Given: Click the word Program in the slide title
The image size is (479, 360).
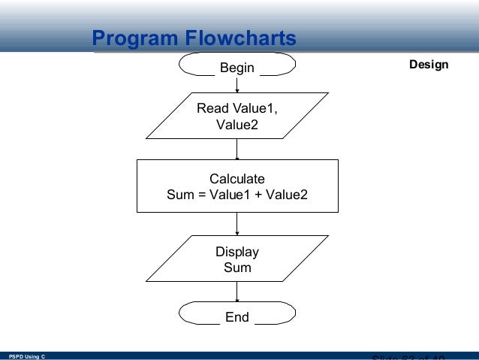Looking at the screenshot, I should [x=131, y=38].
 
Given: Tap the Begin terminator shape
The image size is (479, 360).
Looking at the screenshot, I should [x=236, y=68].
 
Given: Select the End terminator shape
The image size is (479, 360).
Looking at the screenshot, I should [x=236, y=317].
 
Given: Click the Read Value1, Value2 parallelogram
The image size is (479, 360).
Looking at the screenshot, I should [x=236, y=116].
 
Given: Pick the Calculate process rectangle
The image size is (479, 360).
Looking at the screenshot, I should [x=236, y=186].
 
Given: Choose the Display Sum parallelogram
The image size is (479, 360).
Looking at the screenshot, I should [x=236, y=259].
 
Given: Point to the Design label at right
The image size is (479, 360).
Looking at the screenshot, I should [x=429, y=65].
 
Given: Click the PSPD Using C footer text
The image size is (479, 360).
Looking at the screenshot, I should [x=26, y=355].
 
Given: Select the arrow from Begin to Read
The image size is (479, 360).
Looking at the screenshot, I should [x=237, y=84].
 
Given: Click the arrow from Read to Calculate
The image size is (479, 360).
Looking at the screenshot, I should [x=237, y=150].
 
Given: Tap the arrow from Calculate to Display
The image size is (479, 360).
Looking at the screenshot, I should [x=237, y=224].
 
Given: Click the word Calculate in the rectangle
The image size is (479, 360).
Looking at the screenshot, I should [x=236, y=179].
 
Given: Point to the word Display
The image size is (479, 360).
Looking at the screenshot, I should [x=236, y=252].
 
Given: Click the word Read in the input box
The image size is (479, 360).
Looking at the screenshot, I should [x=210, y=109].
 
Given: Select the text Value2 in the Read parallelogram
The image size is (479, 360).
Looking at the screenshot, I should [x=236, y=125].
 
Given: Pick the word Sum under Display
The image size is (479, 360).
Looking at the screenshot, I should [x=237, y=268].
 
